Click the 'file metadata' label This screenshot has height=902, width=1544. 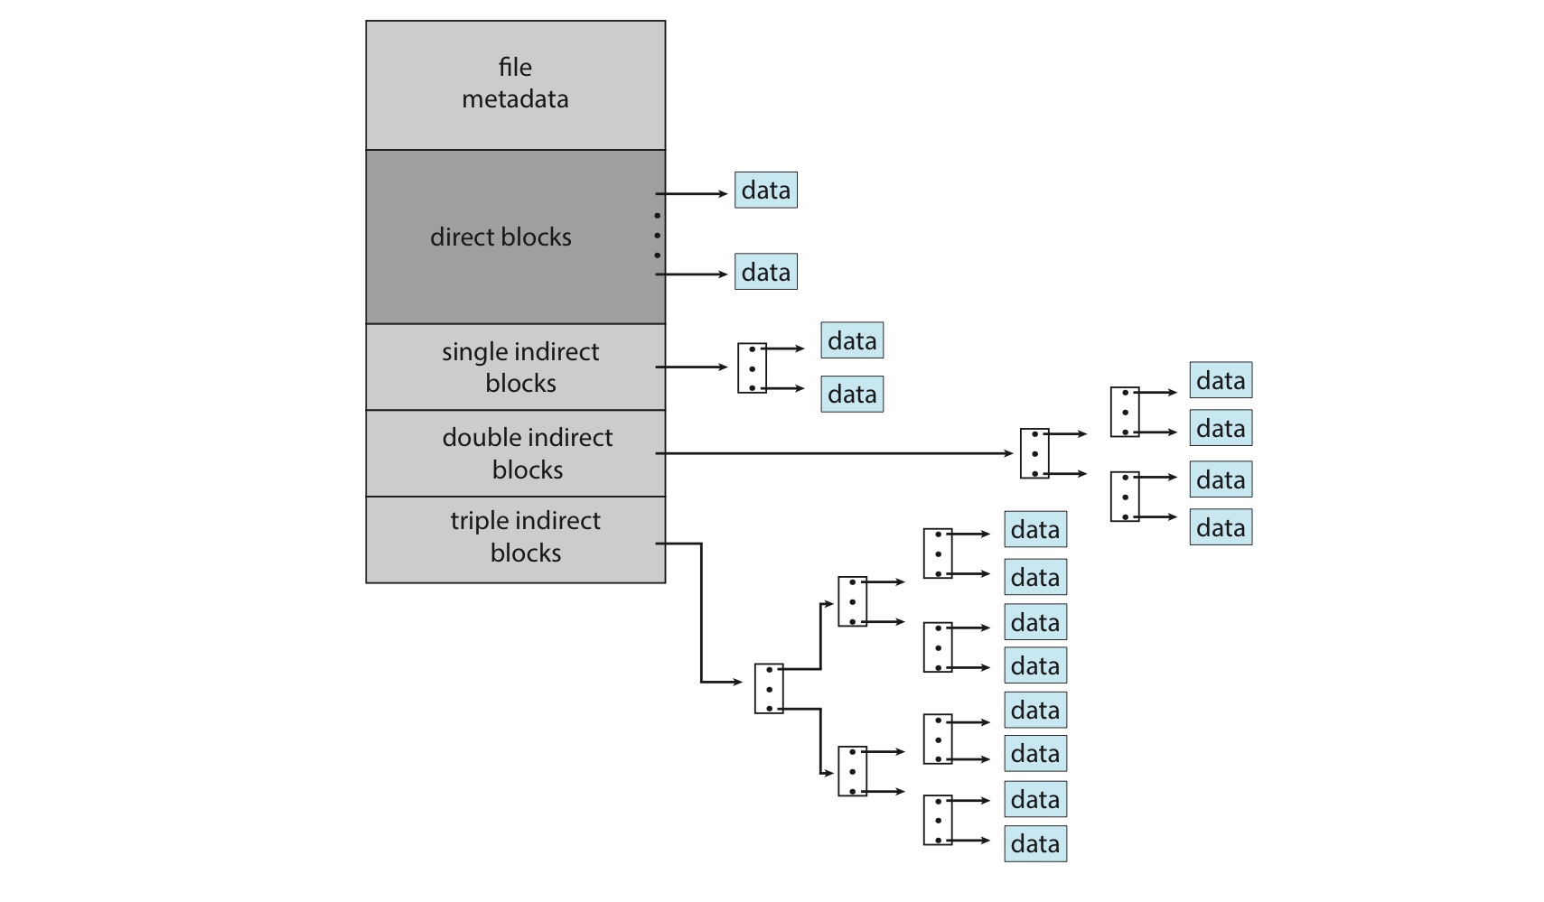(515, 83)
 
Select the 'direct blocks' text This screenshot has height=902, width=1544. (501, 237)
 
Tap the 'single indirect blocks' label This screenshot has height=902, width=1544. (520, 367)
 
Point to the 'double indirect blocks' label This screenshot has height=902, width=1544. (528, 452)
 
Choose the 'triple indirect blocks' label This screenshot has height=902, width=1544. (525, 536)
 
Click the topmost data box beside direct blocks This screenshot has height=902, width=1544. (766, 191)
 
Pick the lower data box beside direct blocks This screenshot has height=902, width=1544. (766, 272)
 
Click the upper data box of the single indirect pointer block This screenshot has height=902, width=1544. (852, 339)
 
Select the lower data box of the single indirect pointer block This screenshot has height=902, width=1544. (852, 395)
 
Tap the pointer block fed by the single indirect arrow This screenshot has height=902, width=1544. (752, 368)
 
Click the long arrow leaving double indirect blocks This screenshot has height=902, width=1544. (834, 453)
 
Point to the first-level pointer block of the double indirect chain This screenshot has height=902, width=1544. (1034, 453)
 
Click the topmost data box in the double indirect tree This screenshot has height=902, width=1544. (1221, 380)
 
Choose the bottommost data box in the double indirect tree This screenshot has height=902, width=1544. (1221, 527)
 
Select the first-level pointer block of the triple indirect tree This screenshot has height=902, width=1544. (769, 688)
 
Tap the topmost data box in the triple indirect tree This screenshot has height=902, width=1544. (1035, 529)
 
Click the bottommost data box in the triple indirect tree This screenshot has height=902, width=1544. (1035, 843)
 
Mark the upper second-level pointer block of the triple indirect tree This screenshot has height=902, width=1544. (853, 601)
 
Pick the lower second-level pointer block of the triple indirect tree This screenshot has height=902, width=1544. (853, 771)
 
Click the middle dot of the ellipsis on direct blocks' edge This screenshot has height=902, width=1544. (657, 236)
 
